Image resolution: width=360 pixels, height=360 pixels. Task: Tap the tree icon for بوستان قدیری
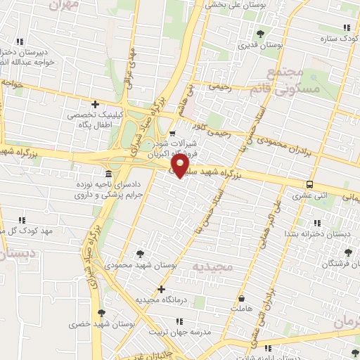pyautogui.click(x=259, y=33)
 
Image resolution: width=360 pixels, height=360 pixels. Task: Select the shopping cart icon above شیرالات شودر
pyautogui.click(x=173, y=133)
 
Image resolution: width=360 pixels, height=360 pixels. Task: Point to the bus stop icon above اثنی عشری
pyautogui.click(x=309, y=184)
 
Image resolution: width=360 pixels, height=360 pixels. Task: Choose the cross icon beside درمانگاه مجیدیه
pyautogui.click(x=161, y=289)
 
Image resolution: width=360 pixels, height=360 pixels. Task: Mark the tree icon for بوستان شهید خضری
pyautogui.click(x=102, y=313)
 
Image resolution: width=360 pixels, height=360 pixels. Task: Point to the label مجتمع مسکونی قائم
pyautogui.click(x=295, y=80)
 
